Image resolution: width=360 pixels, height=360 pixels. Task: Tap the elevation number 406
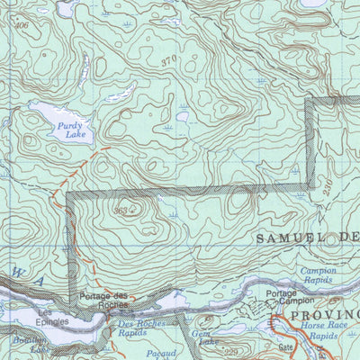22,26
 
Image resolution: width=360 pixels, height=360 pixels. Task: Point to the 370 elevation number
167,60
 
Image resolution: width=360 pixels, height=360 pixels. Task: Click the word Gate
287,346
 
